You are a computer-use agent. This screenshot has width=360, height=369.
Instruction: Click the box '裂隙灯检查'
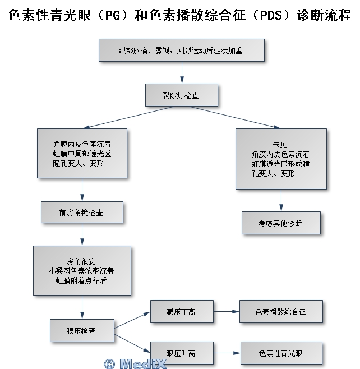(181, 95)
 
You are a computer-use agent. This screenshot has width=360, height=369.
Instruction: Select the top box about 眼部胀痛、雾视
(181, 50)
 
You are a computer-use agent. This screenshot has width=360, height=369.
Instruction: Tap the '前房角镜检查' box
(82, 213)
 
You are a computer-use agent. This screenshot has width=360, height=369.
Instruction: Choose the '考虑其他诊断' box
(281, 223)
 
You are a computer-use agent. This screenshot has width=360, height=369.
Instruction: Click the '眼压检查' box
(82, 331)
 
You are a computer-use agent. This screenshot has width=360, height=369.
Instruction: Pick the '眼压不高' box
(182, 311)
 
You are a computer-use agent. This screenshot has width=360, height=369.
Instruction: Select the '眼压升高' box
(182, 353)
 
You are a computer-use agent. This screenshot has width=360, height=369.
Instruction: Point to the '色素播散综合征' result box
(281, 311)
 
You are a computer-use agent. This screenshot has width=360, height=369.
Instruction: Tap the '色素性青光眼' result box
(281, 353)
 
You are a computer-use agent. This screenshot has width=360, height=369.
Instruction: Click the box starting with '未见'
(281, 159)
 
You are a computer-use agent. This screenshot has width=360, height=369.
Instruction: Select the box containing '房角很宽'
(82, 271)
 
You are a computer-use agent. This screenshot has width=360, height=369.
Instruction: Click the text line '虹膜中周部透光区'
(82, 154)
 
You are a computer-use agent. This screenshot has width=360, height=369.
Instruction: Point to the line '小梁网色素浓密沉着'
(82, 271)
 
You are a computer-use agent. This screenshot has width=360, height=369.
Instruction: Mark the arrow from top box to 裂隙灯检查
(182, 72)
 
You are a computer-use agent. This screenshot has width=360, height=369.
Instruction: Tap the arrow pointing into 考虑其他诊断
(281, 200)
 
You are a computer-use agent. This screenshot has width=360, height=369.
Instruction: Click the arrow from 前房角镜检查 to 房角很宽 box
(82, 234)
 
